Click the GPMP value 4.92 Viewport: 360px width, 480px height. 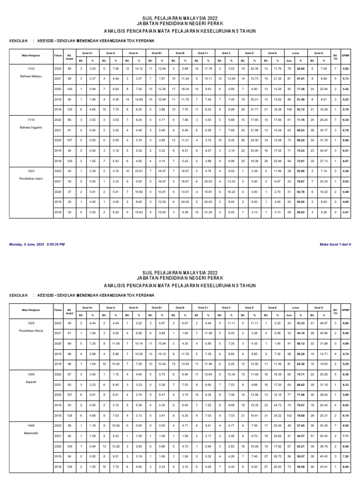[345, 68]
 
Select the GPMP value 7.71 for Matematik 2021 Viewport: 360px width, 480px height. [345, 436]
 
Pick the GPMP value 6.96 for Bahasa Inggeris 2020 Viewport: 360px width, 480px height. [345, 140]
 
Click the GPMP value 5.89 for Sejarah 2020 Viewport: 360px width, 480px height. [345, 395]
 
